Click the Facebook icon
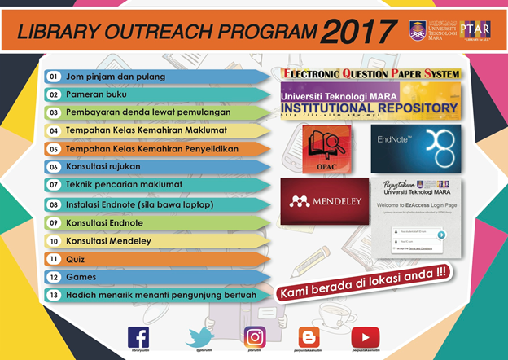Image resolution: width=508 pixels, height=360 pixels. [138, 337]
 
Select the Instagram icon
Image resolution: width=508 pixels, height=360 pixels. [256, 337]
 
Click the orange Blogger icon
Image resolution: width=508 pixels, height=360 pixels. [309, 337]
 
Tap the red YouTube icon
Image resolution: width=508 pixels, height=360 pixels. [366, 337]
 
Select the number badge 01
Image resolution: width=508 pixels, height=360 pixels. [54, 77]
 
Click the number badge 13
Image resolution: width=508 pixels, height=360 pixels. [54, 295]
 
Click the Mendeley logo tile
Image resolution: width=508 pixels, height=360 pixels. [320, 200]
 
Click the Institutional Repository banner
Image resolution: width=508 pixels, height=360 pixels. [370, 102]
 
